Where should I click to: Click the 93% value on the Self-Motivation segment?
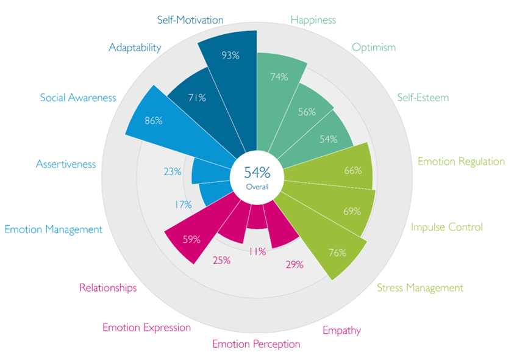click(230, 56)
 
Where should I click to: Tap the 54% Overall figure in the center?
click(257, 171)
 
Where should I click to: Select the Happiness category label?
click(313, 20)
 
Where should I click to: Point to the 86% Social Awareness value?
click(153, 121)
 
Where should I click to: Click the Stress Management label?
click(419, 288)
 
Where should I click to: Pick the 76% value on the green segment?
click(337, 252)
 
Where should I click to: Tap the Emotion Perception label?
click(256, 344)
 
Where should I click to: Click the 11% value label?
click(257, 251)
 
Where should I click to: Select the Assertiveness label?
click(66, 164)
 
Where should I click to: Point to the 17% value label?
click(183, 204)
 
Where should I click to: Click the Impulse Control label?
click(446, 227)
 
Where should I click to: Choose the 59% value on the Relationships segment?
click(191, 239)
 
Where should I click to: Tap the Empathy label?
click(341, 331)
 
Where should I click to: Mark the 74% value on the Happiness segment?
click(279, 77)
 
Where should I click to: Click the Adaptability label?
click(135, 47)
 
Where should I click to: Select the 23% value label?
click(173, 171)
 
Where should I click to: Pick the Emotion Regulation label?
click(461, 162)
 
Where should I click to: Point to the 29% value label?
click(294, 265)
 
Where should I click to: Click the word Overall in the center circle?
click(257, 186)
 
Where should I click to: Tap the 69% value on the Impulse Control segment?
click(352, 211)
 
